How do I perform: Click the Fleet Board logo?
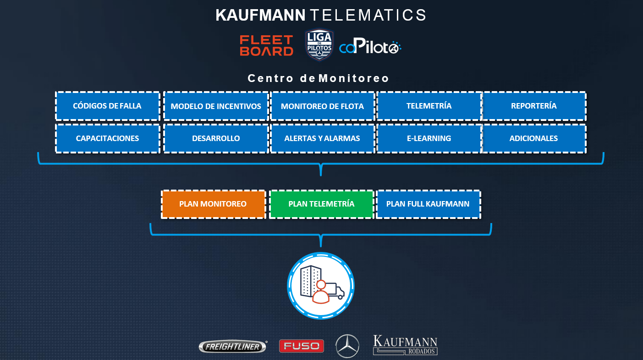[266, 46]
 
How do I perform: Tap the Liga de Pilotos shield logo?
[319, 45]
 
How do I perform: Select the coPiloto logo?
[370, 47]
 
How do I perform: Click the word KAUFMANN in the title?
[260, 15]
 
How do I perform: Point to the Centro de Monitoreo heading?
[318, 78]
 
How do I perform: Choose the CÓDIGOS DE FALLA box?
[108, 106]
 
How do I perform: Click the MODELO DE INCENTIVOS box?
[216, 106]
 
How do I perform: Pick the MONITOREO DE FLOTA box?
[322, 106]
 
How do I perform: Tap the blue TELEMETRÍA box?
[429, 106]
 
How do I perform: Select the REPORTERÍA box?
[534, 106]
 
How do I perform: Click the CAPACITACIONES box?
[108, 138]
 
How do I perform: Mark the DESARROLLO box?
[216, 138]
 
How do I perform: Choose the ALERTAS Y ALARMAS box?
[322, 138]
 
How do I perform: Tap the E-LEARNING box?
[429, 138]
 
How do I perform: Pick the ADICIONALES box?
[534, 138]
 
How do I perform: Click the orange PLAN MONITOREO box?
[213, 204]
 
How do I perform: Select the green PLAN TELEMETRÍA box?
[321, 204]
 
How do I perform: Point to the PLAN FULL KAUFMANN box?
[428, 204]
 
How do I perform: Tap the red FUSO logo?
[302, 346]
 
